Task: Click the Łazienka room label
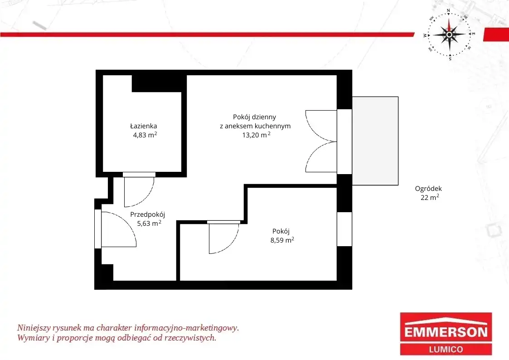coord(144,126)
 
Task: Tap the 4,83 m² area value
coord(145,135)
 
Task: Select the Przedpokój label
coord(148,214)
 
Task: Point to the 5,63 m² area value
coord(149,223)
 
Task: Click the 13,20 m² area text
coord(256,135)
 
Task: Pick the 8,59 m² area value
coord(282,240)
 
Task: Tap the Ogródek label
coord(428,189)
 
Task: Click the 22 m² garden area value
coord(430,197)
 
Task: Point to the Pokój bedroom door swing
coord(232,244)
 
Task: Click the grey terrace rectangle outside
coord(375,141)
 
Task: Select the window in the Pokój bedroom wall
coord(344,229)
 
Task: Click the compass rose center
coord(449,34)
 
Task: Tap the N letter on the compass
coord(448,11)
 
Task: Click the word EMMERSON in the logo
coord(446,332)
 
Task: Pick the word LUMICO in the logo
coord(446,349)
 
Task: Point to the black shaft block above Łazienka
coord(159,83)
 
